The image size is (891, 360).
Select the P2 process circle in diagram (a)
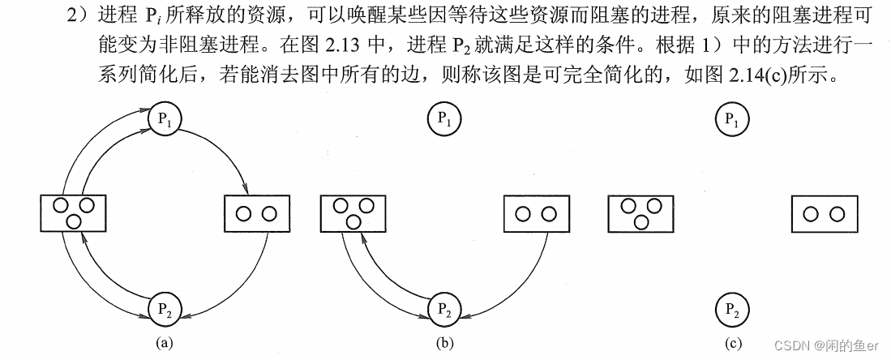[x=165, y=308]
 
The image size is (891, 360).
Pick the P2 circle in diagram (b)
[x=444, y=308]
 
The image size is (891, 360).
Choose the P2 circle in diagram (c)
[x=732, y=308]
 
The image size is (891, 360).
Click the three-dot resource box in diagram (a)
[x=73, y=212]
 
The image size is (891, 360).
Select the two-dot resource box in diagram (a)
[x=256, y=214]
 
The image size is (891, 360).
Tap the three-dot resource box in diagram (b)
[x=353, y=212]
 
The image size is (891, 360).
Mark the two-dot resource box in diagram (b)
[x=536, y=214]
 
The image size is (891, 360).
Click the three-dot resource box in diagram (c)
[x=640, y=212]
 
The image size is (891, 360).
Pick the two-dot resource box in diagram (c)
[x=824, y=214]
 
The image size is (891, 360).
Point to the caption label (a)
[x=165, y=343]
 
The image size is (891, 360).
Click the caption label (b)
[x=444, y=343]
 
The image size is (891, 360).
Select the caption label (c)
[x=733, y=343]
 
